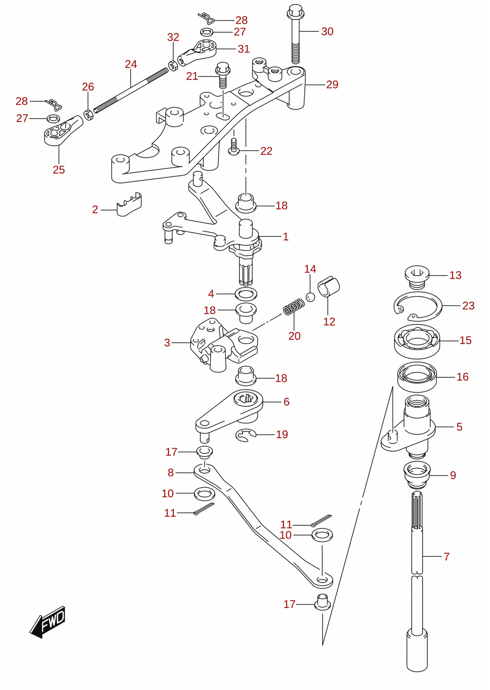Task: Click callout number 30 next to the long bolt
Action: (327, 31)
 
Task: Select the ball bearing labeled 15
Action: (417, 341)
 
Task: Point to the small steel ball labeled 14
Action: (311, 297)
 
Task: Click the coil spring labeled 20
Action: (294, 307)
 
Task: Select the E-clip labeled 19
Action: (245, 435)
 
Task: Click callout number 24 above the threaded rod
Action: (131, 64)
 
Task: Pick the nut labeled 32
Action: (173, 65)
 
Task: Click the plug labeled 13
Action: (417, 277)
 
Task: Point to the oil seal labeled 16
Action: (417, 377)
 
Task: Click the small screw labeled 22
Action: (234, 147)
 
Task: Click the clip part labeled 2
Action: (129, 205)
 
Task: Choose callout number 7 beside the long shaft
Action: (446, 556)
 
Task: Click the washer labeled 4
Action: (246, 294)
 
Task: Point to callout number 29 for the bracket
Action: (332, 84)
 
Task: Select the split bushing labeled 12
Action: (329, 287)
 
